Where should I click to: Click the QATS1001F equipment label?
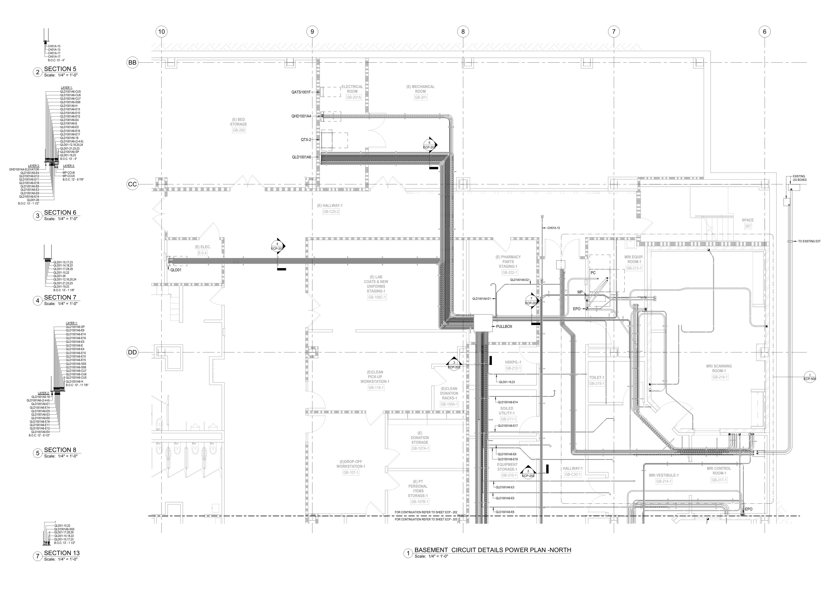click(301, 92)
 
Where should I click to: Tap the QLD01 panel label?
click(176, 270)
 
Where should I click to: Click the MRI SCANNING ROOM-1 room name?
click(720, 369)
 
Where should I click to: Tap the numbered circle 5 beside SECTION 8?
click(37, 453)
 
